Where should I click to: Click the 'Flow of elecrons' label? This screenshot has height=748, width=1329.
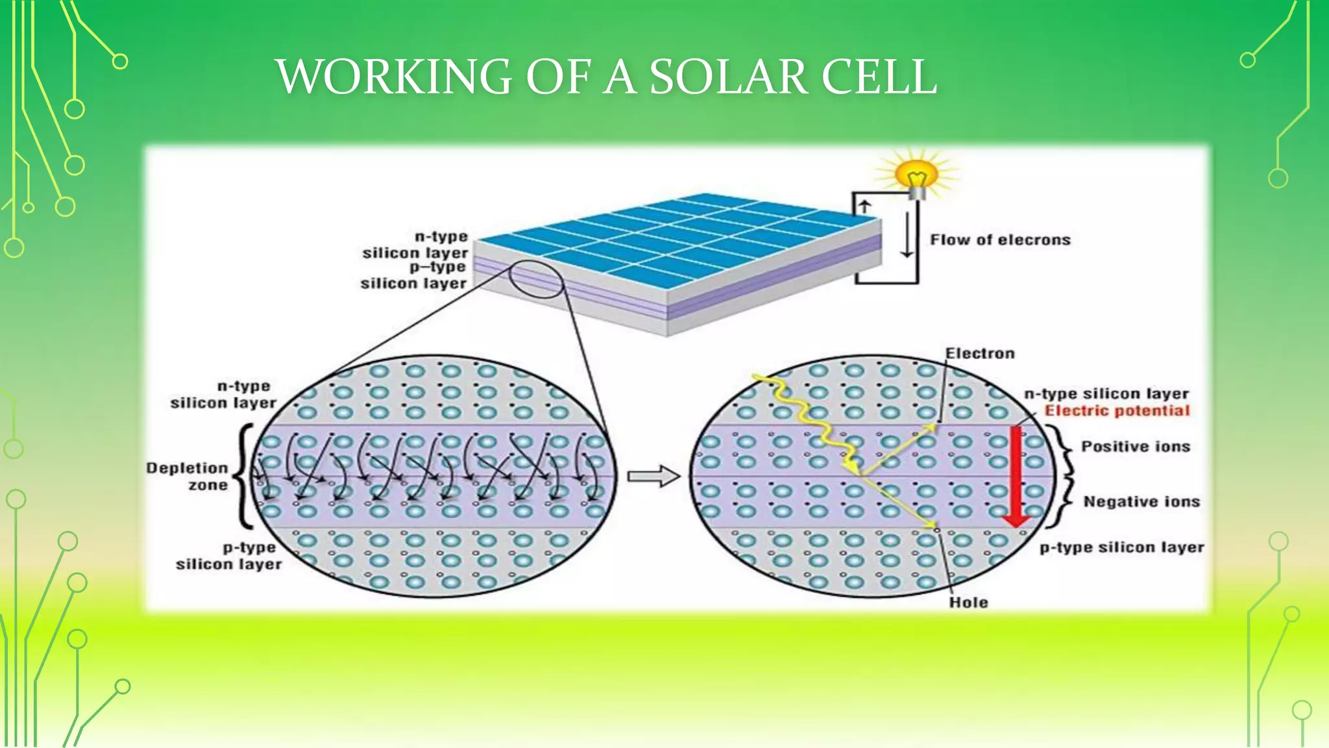(1000, 240)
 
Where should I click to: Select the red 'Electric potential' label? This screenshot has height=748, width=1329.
(1117, 410)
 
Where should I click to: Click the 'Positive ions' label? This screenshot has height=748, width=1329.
(1136, 447)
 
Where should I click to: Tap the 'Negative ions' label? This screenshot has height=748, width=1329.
(1141, 502)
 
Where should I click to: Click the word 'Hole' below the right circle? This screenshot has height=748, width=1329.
(968, 603)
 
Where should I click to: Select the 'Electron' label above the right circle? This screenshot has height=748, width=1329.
(980, 354)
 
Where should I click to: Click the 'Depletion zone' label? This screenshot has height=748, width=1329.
(188, 477)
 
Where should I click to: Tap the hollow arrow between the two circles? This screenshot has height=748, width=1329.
(653, 477)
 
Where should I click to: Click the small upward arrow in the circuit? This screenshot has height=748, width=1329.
(864, 207)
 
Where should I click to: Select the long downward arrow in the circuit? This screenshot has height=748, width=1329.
(907, 234)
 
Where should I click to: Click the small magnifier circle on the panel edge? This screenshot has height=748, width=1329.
(536, 279)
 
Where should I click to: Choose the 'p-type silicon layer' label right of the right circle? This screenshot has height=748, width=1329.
(1121, 547)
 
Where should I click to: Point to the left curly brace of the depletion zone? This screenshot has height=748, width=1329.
(245, 477)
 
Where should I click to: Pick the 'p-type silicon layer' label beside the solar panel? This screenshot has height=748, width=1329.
(414, 275)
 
